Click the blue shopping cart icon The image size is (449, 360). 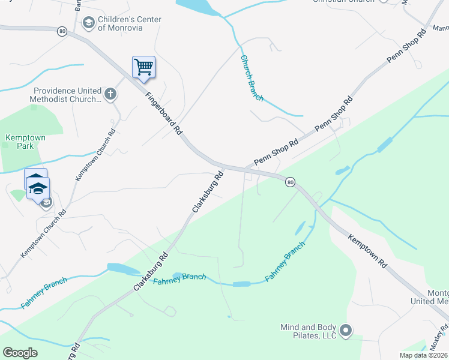click(143, 67)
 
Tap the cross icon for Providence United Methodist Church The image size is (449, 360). click(110, 94)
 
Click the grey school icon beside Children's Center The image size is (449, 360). click(88, 23)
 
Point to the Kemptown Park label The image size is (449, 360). click(25, 142)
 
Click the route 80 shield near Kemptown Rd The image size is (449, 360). click(291, 182)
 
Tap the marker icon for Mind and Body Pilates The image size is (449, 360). click(346, 331)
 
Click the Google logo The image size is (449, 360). click(20, 352)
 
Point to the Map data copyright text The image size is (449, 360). click(424, 355)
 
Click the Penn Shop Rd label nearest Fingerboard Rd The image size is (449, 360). click(276, 153)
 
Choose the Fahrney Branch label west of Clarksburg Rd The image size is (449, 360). click(44, 293)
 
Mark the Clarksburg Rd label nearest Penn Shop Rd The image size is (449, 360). click(208, 191)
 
